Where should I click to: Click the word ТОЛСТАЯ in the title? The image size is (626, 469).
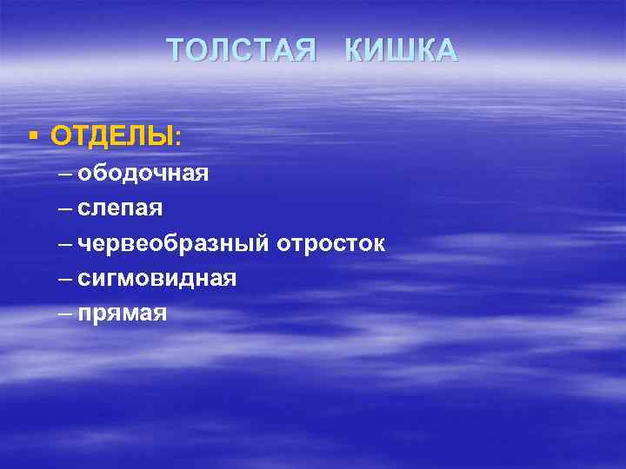(241, 51)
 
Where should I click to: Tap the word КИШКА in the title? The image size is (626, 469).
(401, 51)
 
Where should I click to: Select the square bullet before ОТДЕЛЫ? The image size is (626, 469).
(32, 135)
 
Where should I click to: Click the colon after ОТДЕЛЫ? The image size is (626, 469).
(178, 138)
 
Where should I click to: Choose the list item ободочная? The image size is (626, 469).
(143, 173)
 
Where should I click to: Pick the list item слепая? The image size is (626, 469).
(120, 208)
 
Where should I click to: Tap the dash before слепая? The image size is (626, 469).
(66, 208)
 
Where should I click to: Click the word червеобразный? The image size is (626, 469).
(173, 244)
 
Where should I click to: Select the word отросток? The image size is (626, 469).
(331, 244)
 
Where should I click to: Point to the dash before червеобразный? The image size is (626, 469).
(66, 244)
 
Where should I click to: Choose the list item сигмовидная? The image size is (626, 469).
(156, 279)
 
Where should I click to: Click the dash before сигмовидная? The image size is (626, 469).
(66, 279)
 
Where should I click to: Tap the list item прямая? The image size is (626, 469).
(122, 314)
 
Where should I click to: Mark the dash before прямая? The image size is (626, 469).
(66, 314)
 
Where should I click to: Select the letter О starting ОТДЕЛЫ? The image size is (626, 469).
(61, 136)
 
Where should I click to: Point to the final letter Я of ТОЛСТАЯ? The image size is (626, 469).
(304, 51)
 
